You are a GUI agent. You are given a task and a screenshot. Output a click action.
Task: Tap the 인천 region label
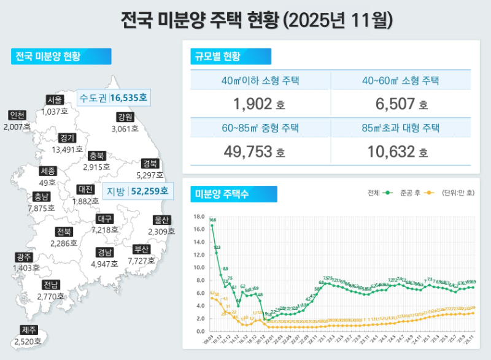click(x=17, y=115)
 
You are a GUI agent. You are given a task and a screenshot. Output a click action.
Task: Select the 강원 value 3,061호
click(x=125, y=129)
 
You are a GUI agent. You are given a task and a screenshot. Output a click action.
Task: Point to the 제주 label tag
click(x=29, y=330)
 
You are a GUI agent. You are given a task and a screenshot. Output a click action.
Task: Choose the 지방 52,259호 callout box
click(x=136, y=191)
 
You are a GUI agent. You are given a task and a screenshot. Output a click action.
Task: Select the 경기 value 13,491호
click(x=68, y=150)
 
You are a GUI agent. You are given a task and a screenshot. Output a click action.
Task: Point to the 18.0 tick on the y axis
click(x=197, y=216)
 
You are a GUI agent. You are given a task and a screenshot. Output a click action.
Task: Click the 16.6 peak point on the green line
click(x=212, y=226)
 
